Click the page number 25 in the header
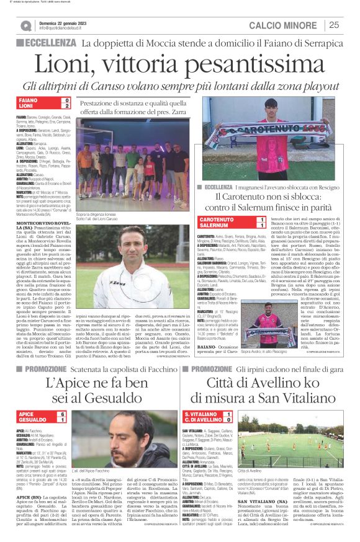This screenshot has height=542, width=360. [x=333, y=25]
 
